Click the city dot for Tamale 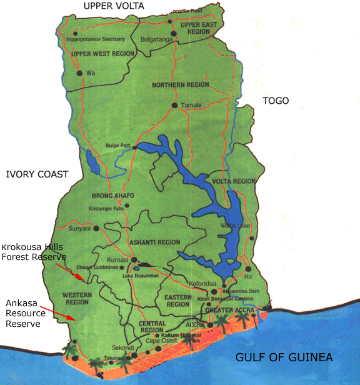(175, 105)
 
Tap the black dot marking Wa (79, 73)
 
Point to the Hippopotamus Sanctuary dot (76, 33)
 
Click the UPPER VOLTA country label (114, 6)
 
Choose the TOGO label (276, 101)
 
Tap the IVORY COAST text (36, 174)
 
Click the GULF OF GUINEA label (284, 357)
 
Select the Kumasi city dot (134, 259)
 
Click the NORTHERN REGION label (181, 84)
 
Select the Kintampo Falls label (106, 207)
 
